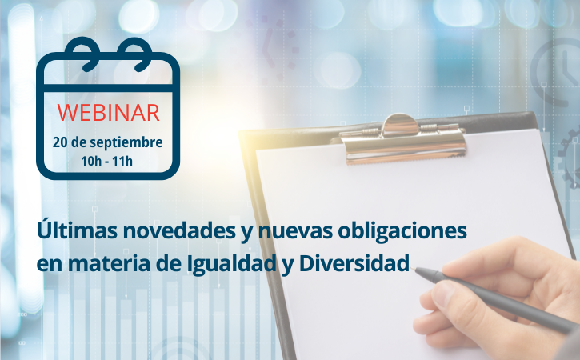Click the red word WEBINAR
(108, 113)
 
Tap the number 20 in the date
(60, 142)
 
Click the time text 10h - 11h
(107, 161)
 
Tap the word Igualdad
(231, 263)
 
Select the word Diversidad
(354, 263)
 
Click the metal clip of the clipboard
(402, 138)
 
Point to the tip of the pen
(415, 268)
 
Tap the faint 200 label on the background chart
(22, 314)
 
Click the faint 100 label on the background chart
(22, 343)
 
